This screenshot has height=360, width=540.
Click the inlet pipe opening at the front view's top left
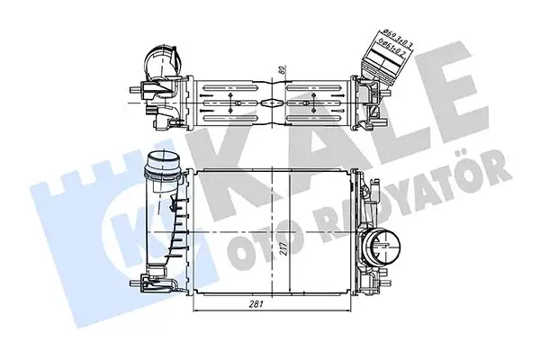pos(165,164)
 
